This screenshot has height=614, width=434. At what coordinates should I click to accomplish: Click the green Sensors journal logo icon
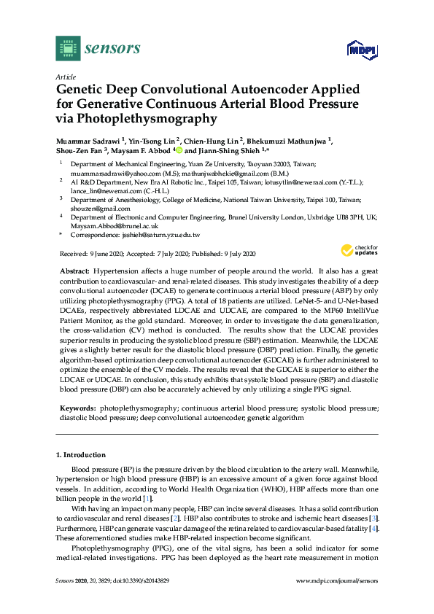(67, 49)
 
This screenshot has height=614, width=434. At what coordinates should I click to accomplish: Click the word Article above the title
(65, 77)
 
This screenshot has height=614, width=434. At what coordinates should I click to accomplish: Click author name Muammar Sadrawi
(88, 138)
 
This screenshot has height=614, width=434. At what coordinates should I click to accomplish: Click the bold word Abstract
(74, 271)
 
